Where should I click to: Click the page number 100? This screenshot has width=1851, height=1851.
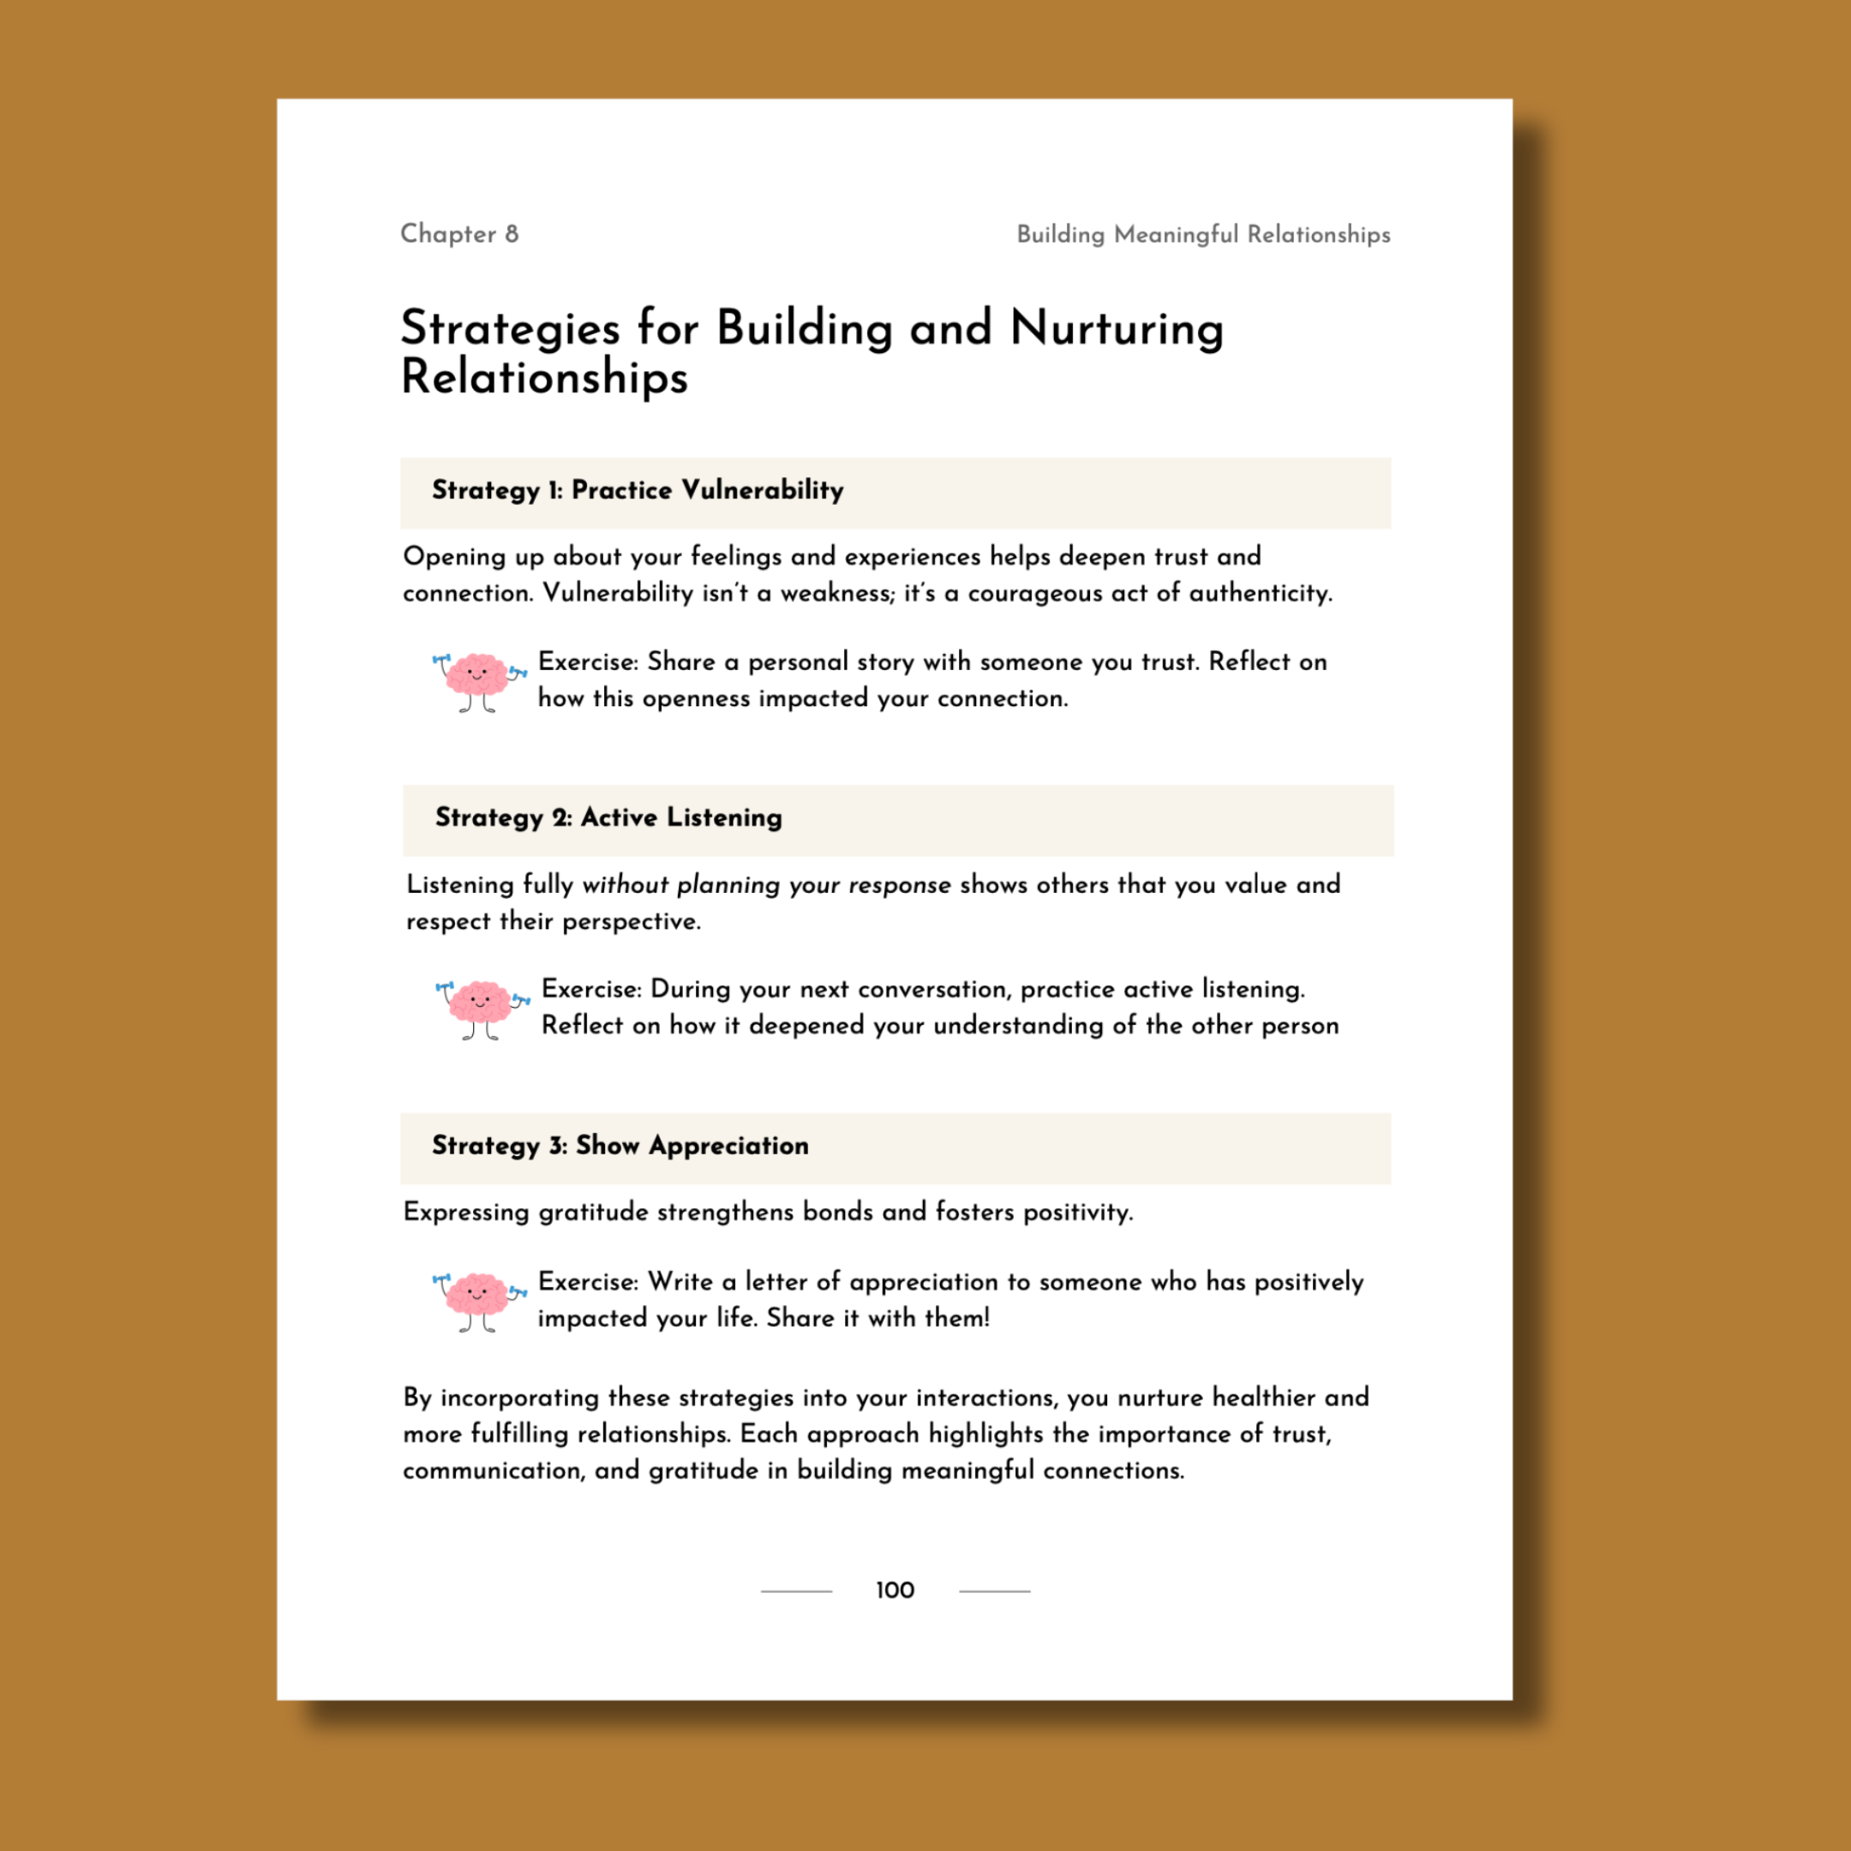pos(895,1590)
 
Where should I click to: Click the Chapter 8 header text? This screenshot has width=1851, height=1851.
pos(459,234)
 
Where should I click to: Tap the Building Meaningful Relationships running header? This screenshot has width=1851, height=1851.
pos(1202,235)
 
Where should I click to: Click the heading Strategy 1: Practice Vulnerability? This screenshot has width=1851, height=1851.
pos(637,490)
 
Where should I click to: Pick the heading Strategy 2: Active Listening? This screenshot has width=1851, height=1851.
pos(608,818)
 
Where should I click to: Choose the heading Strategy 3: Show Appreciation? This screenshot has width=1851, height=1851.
pos(620,1146)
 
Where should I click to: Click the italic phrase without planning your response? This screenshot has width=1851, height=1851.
pos(765,884)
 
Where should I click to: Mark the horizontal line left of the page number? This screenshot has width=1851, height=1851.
pos(796,1591)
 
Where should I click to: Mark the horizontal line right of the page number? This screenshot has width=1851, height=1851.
pos(994,1591)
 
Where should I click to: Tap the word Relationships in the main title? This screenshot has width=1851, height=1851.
pos(544,377)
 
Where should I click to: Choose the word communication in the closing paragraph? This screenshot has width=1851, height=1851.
pos(493,1471)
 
